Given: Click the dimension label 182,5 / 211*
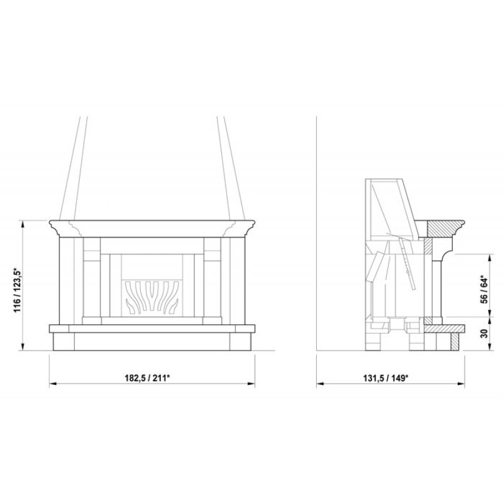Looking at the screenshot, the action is click(147, 378).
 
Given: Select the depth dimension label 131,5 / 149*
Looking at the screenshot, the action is click(385, 378).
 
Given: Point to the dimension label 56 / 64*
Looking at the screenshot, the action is click(484, 289).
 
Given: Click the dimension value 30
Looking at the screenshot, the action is click(484, 333).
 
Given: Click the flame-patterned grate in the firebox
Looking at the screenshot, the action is click(152, 297).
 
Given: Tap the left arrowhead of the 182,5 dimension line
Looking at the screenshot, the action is click(53, 384).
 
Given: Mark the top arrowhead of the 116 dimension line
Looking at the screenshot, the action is click(23, 224).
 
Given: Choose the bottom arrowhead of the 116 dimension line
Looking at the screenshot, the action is click(23, 347).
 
